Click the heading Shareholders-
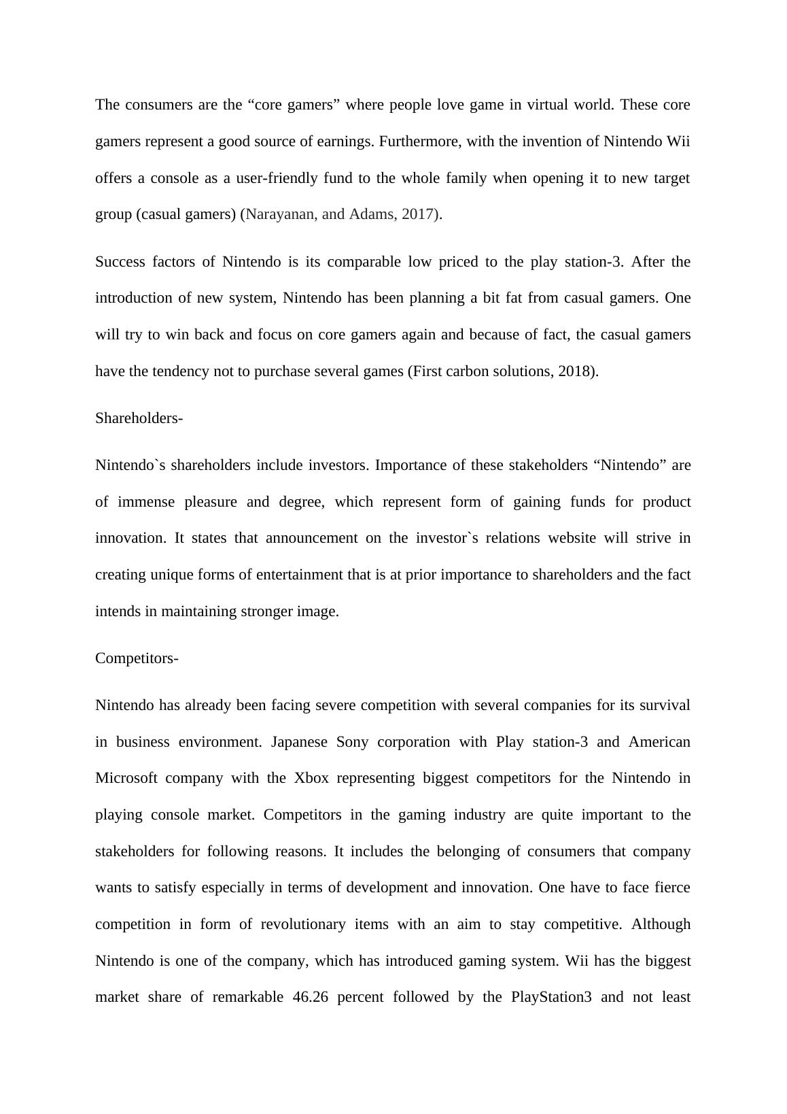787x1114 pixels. (139, 418)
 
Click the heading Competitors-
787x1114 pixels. (137, 658)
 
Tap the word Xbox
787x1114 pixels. (311, 778)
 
